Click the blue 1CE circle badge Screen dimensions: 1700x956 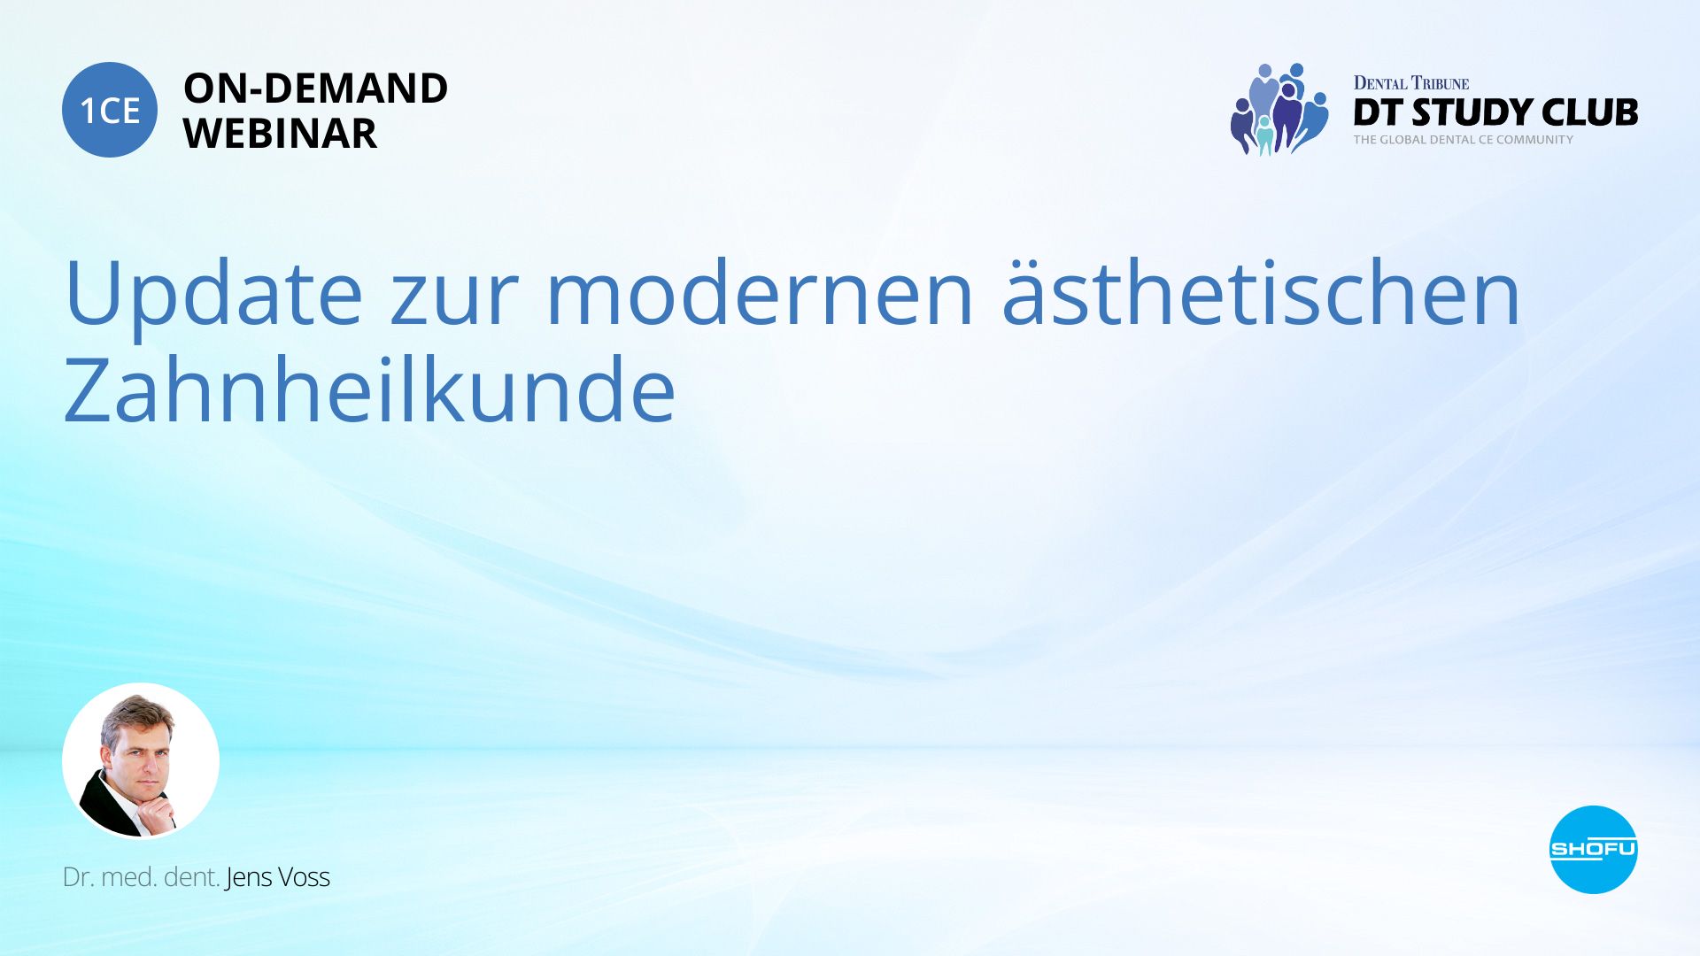click(x=110, y=110)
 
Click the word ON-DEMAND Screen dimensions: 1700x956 click(x=315, y=89)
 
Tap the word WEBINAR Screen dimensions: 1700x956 click(x=280, y=134)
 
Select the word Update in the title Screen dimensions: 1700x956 click(x=213, y=293)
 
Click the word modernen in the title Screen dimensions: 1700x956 click(x=761, y=293)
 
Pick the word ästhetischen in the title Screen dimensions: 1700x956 click(x=1261, y=293)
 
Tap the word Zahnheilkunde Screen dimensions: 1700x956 click(x=370, y=390)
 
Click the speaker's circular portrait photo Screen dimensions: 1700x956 click(x=141, y=760)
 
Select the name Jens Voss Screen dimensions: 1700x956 click(x=278, y=877)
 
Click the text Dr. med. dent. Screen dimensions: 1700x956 click(x=142, y=877)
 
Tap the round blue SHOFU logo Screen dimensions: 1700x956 click(x=1593, y=850)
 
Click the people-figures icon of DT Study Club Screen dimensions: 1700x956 click(x=1279, y=110)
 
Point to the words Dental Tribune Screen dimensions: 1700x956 click(x=1411, y=83)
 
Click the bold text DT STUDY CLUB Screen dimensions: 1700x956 click(x=1495, y=112)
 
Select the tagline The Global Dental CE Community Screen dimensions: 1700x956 click(x=1464, y=140)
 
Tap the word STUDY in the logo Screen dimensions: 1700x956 click(x=1472, y=112)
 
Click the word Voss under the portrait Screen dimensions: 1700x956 click(x=304, y=877)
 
